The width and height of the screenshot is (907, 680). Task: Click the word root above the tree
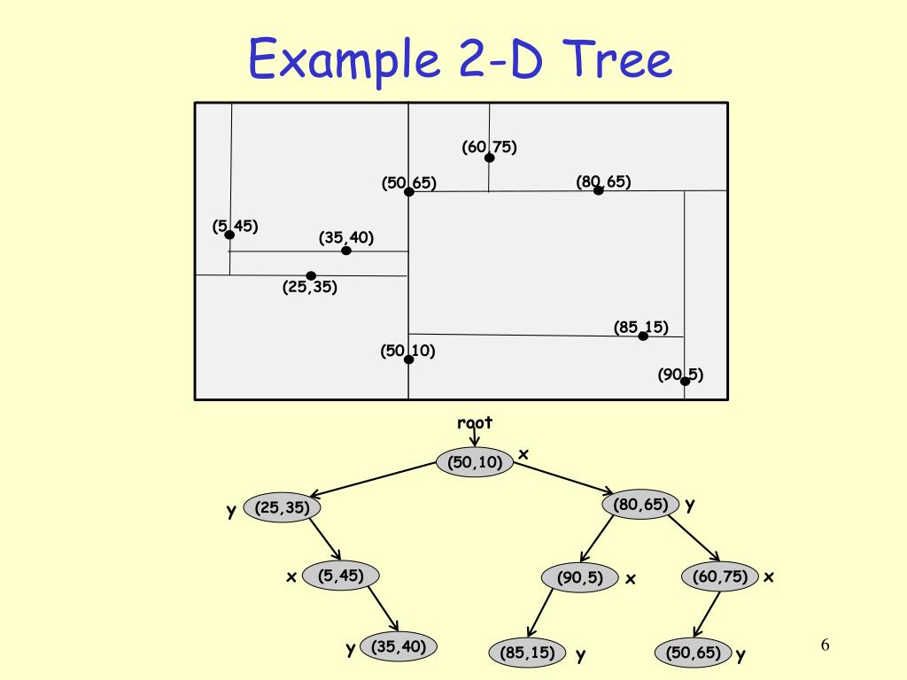(475, 423)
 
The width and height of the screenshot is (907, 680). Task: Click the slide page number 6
(825, 644)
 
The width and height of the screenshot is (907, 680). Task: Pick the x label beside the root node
(523, 454)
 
